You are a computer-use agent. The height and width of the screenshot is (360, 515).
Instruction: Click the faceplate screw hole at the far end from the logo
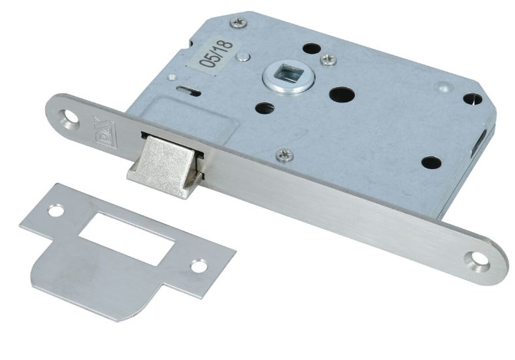(478, 260)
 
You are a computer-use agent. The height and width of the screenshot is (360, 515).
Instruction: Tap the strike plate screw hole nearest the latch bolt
(56, 210)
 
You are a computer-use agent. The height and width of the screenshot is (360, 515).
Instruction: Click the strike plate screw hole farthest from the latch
(199, 266)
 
